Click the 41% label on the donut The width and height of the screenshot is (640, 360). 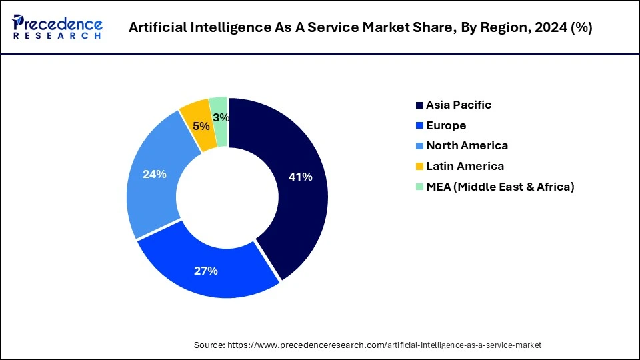tap(300, 177)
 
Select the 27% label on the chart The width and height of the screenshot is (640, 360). tap(206, 271)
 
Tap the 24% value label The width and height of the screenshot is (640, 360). tap(155, 174)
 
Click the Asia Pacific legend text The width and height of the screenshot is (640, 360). tap(459, 105)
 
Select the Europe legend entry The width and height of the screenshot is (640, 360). tap(446, 125)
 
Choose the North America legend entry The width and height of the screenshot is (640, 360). tap(467, 145)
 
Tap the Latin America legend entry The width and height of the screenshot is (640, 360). tap(465, 166)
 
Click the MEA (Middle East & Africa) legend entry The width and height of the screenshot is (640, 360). tap(500, 187)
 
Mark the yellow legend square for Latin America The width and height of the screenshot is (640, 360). tap(419, 167)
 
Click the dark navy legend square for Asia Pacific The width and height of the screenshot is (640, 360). tap(419, 105)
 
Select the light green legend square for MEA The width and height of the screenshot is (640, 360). tap(419, 187)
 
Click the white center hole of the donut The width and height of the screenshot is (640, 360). tap(227, 197)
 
